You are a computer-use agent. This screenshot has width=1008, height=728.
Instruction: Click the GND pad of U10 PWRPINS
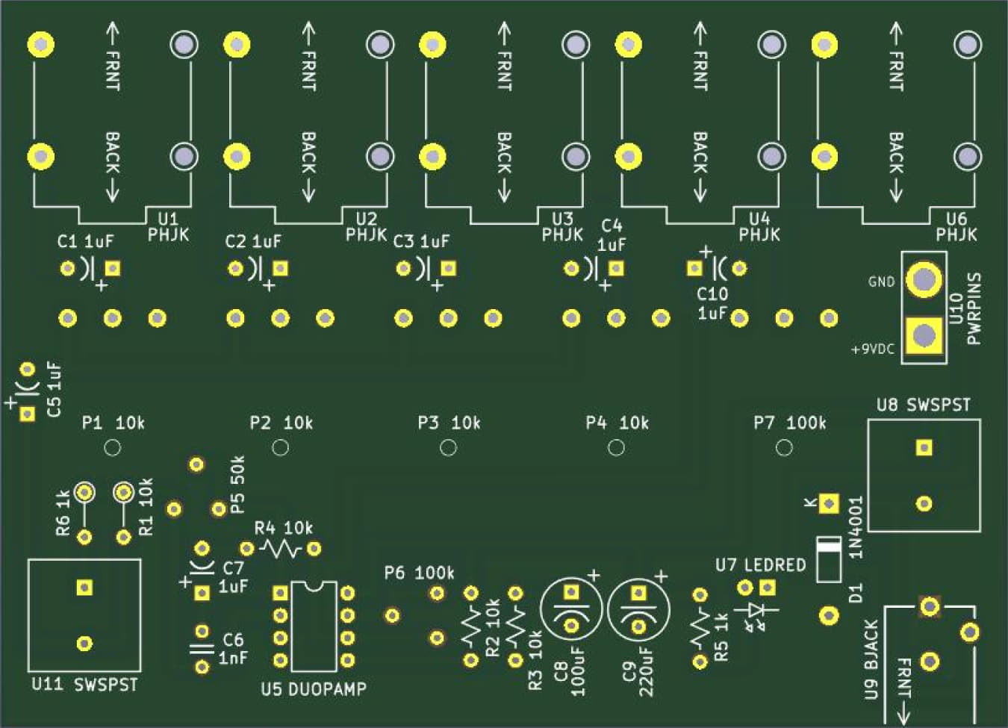coord(924,279)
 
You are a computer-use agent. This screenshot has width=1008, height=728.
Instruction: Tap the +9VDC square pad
coord(924,335)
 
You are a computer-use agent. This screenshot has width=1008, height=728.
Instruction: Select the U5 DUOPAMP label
coord(314,688)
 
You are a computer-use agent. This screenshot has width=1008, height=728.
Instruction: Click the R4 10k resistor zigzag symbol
coord(280,550)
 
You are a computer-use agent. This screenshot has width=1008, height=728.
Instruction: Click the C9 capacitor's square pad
coord(638,593)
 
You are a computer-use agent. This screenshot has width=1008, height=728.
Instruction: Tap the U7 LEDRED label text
coord(760,564)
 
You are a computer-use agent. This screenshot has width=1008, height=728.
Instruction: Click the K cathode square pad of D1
coord(828,503)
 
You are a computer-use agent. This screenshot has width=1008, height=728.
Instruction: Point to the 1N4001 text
coord(856,527)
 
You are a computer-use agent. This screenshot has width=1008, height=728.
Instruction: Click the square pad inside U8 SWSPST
coord(924,447)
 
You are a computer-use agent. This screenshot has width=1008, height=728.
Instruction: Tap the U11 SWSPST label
coord(84,684)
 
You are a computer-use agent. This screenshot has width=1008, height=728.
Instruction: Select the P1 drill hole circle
coord(112,447)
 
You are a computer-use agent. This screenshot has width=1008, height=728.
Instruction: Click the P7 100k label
coord(789,423)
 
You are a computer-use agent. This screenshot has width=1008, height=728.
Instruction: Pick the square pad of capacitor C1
coord(113,268)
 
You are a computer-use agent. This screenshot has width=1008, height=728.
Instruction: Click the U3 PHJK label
coord(562,226)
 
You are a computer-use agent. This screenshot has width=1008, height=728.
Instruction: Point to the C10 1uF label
coord(712,303)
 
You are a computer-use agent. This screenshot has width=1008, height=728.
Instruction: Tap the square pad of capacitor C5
coord(28,414)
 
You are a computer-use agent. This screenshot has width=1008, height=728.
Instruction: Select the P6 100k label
coord(419,573)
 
